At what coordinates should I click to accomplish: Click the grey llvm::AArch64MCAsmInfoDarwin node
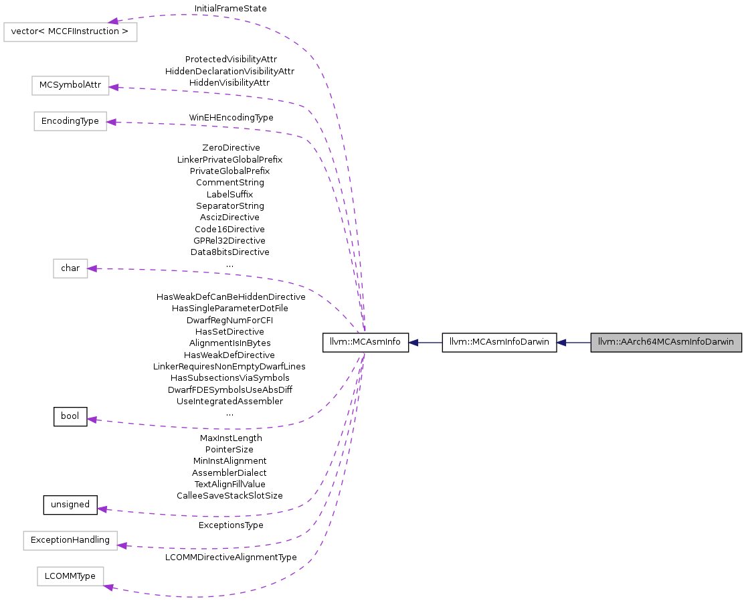click(x=666, y=342)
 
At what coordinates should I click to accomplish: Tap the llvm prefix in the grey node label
click(x=606, y=342)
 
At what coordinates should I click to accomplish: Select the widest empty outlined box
click(x=70, y=32)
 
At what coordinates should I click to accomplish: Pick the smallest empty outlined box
click(x=70, y=268)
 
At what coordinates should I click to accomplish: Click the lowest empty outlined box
click(x=70, y=576)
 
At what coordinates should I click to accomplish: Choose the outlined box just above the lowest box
click(x=70, y=541)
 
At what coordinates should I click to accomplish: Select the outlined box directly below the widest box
click(x=70, y=86)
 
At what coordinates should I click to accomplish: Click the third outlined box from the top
click(x=70, y=121)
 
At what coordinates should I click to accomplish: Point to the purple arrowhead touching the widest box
click(x=114, y=21)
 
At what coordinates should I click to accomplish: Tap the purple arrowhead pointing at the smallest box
click(x=92, y=268)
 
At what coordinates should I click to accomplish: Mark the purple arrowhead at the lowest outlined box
click(x=109, y=587)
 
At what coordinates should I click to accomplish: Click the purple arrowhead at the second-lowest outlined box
click(x=122, y=545)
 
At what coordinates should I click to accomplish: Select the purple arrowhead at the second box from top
click(x=114, y=87)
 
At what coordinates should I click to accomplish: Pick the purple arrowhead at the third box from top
click(x=111, y=122)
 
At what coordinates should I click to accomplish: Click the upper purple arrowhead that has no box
click(x=92, y=419)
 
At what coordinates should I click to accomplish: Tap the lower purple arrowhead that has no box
click(x=102, y=509)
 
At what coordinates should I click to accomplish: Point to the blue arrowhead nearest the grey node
click(x=561, y=343)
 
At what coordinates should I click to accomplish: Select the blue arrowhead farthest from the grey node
click(x=413, y=343)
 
